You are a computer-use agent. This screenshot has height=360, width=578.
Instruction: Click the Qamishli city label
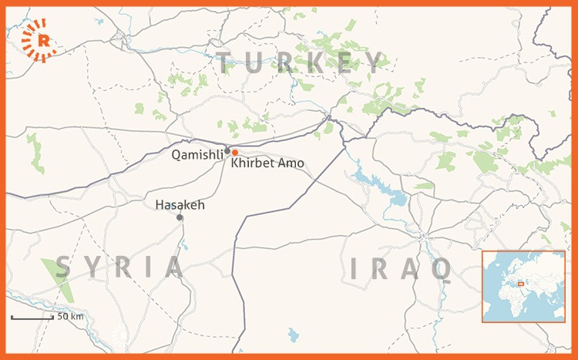[197, 154]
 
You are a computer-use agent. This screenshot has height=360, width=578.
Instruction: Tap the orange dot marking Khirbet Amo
[234, 153]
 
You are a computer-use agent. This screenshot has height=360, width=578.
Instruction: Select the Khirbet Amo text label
[267, 163]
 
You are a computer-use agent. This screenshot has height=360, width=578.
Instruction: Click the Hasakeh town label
[180, 204]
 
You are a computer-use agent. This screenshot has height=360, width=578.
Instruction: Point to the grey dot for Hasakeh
[180, 217]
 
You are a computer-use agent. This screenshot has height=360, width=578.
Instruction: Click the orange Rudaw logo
[39, 41]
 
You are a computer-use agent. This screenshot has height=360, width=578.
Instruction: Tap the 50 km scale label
[70, 316]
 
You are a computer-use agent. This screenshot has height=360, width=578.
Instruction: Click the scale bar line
[31, 318]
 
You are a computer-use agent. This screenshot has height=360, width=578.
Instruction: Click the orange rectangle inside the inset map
[521, 284]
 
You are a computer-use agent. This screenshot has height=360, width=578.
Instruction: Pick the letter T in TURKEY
[226, 62]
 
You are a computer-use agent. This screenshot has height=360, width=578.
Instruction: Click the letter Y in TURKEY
[375, 62]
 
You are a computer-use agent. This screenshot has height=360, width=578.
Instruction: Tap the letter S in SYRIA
[63, 267]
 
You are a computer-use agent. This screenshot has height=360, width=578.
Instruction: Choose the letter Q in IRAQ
[442, 269]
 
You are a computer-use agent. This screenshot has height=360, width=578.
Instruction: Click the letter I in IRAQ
[355, 269]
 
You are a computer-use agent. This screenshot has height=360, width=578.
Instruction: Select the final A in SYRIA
[174, 267]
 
